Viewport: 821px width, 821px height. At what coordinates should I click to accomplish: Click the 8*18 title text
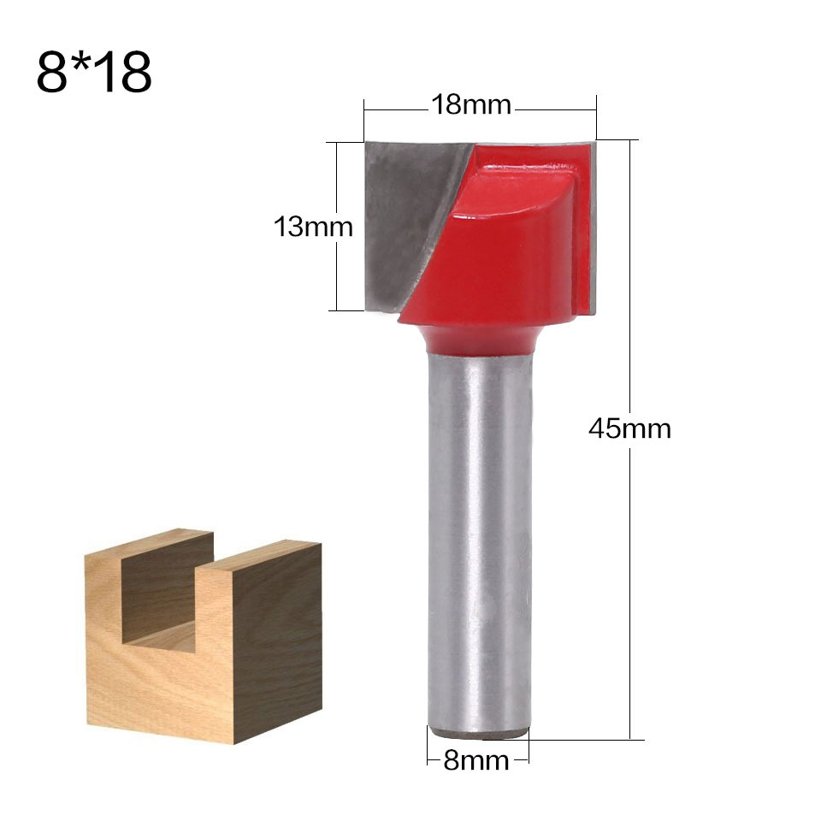pyautogui.click(x=94, y=72)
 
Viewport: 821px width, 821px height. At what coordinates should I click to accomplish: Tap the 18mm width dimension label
pyautogui.click(x=470, y=105)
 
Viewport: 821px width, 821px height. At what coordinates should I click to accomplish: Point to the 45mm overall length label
pyautogui.click(x=629, y=428)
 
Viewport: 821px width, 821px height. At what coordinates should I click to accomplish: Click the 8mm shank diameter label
pyautogui.click(x=476, y=759)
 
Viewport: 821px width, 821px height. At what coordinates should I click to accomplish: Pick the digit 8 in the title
pyautogui.click(x=51, y=73)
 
